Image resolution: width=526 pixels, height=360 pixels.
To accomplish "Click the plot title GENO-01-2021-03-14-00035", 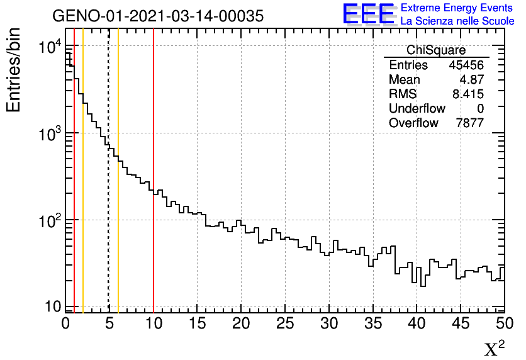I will tap(157, 16).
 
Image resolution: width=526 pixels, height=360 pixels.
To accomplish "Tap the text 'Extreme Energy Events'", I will tap(456, 8).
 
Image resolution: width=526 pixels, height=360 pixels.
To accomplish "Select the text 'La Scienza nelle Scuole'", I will tap(457, 21).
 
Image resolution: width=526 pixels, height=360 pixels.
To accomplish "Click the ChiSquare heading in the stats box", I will tap(436, 50).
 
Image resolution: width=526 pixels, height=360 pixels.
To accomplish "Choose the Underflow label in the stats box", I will tap(417, 109).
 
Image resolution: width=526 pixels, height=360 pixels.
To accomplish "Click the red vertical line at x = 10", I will tap(154, 189).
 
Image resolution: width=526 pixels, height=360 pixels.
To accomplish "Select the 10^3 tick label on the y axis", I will tap(48, 135).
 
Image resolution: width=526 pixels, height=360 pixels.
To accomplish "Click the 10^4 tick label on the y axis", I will tap(48, 48).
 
